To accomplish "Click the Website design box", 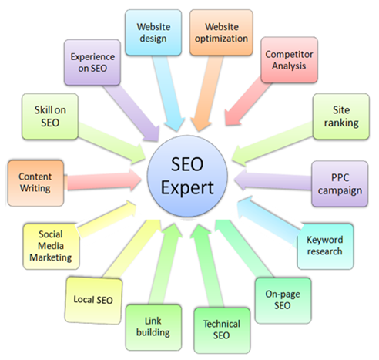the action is click(153, 32).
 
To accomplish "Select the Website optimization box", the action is click(221, 32).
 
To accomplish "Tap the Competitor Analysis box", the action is click(289, 60).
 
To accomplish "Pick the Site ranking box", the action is click(341, 116).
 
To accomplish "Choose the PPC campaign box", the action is click(340, 183).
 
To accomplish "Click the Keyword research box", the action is click(325, 247).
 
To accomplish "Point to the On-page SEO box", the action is click(283, 300).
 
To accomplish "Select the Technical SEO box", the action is click(222, 330).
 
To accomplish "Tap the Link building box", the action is click(153, 328).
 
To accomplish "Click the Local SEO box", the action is click(93, 300).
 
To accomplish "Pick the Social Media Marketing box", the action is click(51, 247).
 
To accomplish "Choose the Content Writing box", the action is click(35, 183).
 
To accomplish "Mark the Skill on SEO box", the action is click(50, 116).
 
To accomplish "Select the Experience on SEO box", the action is click(92, 62).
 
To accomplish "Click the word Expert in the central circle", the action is click(187, 188).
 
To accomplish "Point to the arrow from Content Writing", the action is click(102, 180).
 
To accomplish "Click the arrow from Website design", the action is click(167, 93).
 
